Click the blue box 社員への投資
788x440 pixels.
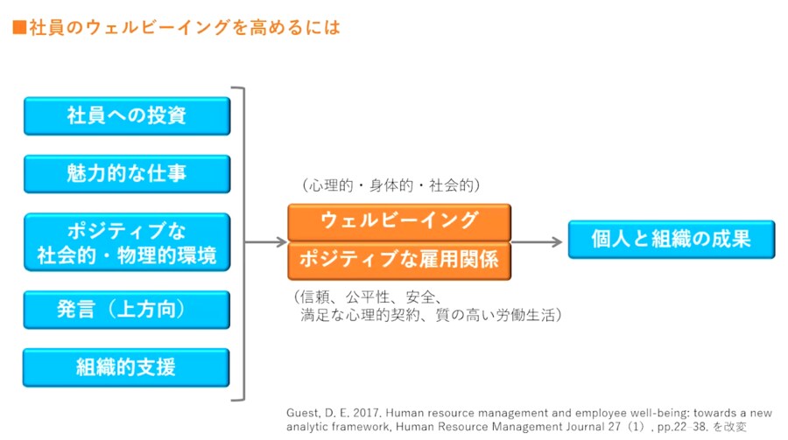coord(127,115)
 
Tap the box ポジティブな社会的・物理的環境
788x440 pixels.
coord(127,243)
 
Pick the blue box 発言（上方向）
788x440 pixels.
coord(127,309)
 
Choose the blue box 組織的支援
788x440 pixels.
coord(127,367)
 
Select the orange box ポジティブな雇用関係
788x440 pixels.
coord(398,260)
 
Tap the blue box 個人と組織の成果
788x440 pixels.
coord(671,239)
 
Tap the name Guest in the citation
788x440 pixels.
coord(303,412)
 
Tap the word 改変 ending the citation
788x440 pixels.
coord(738,427)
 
